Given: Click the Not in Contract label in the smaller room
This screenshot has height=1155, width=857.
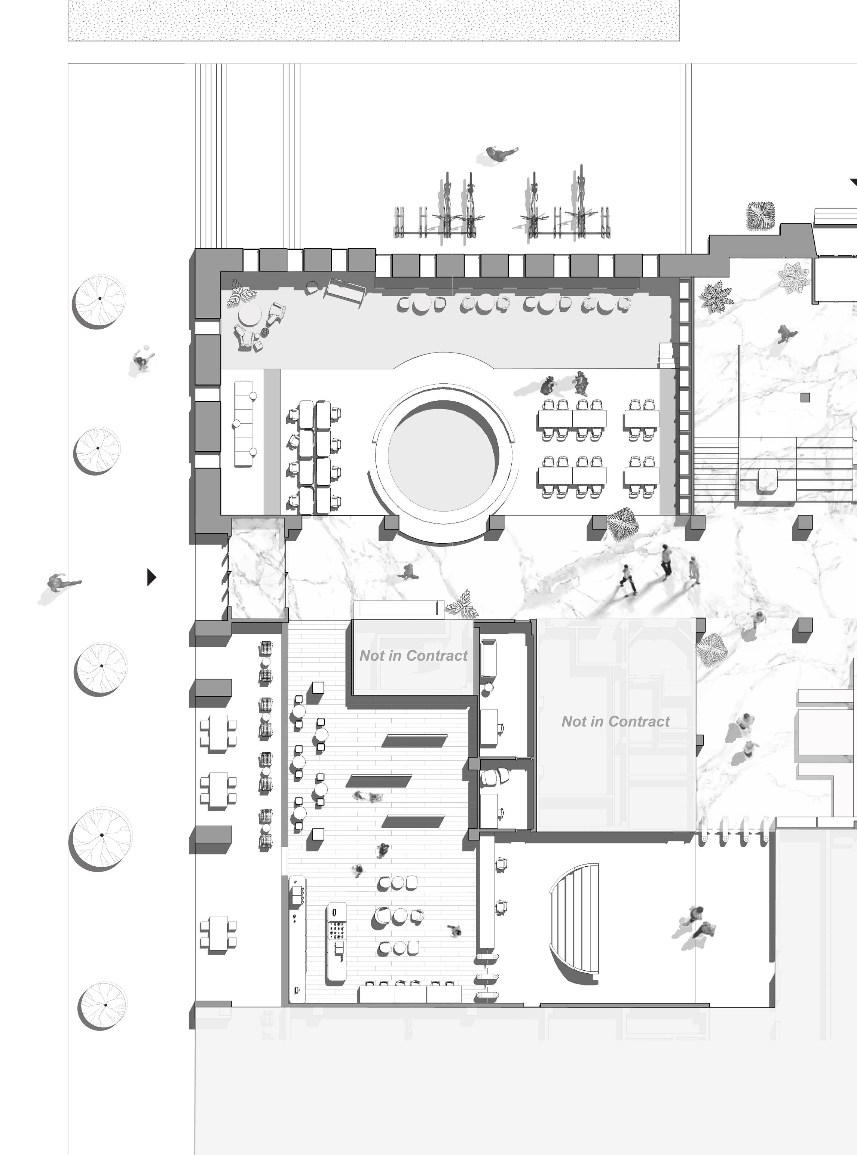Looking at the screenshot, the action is (x=413, y=656).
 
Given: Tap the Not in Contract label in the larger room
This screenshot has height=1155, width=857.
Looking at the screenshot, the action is (x=615, y=722).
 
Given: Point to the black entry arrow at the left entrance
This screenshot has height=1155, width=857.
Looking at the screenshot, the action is (x=151, y=577).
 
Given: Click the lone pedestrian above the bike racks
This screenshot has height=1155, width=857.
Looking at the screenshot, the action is (x=500, y=154).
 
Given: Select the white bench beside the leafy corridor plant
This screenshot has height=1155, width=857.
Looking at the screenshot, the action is (x=398, y=609).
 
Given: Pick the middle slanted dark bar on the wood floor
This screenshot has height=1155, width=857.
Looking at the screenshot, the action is (x=378, y=781).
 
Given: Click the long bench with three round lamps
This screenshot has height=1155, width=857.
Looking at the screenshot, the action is (x=243, y=424).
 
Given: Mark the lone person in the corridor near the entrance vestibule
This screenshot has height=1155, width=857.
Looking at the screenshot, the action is (x=407, y=572).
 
